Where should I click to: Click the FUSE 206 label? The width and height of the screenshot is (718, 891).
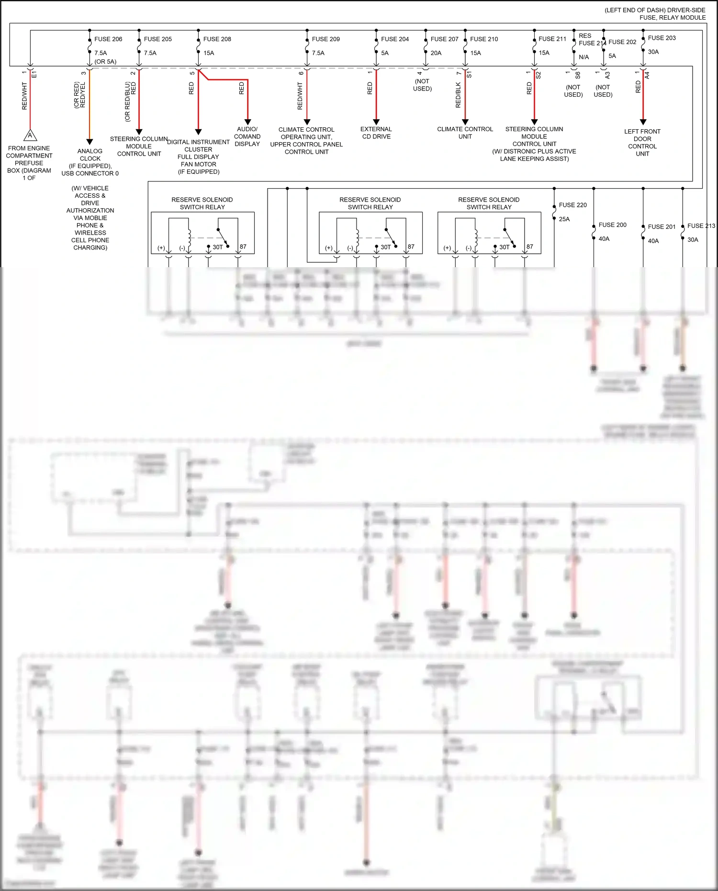click(108, 39)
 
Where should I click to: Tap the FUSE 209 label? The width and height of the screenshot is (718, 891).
click(325, 39)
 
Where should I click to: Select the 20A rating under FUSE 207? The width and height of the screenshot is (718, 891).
click(436, 53)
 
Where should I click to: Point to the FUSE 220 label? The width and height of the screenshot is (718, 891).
click(572, 205)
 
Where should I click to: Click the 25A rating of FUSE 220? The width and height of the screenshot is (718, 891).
click(564, 219)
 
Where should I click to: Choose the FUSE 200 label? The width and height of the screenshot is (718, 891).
click(612, 225)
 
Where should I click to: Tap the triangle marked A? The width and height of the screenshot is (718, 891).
click(30, 135)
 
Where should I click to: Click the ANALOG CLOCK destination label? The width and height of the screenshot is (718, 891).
click(90, 155)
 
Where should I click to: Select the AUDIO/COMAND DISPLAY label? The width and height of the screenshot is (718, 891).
click(247, 136)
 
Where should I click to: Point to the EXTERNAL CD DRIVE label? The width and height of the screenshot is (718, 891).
click(376, 133)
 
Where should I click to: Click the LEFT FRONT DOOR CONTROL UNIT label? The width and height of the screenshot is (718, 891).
click(642, 143)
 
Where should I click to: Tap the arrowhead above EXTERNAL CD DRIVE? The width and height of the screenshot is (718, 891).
click(376, 122)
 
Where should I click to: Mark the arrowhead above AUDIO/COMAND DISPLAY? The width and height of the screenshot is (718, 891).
click(247, 122)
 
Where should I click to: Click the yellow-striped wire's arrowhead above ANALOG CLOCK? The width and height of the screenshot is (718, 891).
click(90, 142)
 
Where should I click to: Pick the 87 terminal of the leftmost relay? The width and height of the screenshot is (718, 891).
click(243, 247)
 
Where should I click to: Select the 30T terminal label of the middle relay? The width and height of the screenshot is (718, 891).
click(385, 248)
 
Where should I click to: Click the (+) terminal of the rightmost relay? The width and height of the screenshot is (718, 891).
click(447, 248)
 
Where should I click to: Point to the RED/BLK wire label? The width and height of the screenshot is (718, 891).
click(458, 95)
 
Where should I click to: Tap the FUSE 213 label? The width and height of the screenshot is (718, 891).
click(701, 226)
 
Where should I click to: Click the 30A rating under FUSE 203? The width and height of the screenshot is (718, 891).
click(653, 52)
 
